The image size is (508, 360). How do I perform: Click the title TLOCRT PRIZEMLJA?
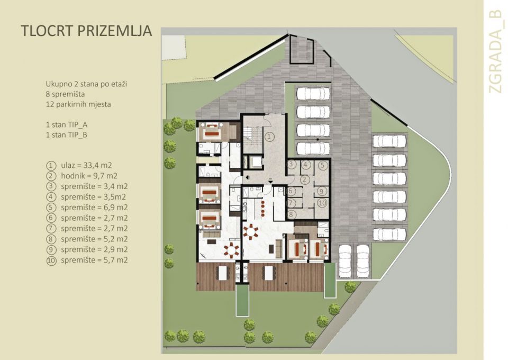[x=86, y=31]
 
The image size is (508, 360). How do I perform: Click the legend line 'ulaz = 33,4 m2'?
[x=88, y=165]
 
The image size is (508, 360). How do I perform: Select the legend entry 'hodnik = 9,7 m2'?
[x=88, y=176]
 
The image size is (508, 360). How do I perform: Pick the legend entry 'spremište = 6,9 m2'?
[x=94, y=207]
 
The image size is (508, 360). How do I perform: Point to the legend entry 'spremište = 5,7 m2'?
[x=94, y=260]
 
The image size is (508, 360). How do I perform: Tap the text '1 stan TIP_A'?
[x=66, y=125]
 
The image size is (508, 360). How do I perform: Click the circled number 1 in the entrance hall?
[x=269, y=137]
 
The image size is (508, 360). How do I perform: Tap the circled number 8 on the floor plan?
[x=291, y=214]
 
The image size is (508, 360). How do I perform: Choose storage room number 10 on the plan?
[x=322, y=202]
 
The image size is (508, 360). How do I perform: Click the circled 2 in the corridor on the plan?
[x=304, y=178]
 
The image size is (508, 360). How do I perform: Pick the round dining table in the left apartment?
[x=231, y=249]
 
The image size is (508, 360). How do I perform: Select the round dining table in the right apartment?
[x=250, y=231]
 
